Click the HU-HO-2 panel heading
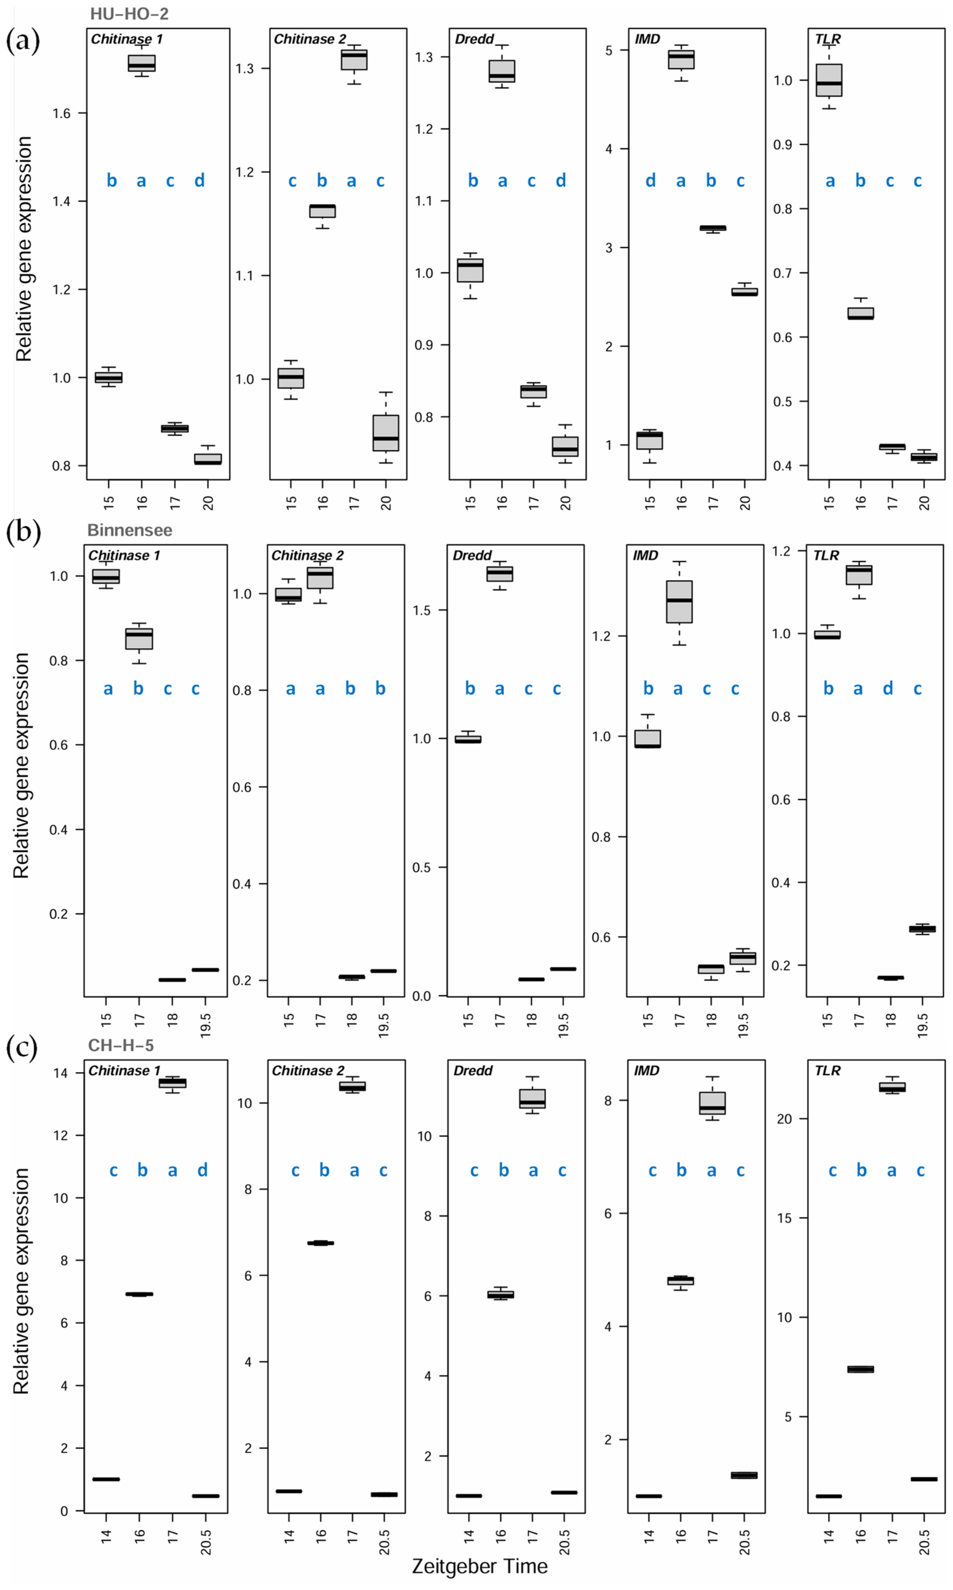pyautogui.click(x=129, y=14)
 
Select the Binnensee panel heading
pyautogui.click(x=130, y=530)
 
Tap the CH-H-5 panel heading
pyautogui.click(x=121, y=1046)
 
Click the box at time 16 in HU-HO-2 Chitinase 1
pyautogui.click(x=141, y=63)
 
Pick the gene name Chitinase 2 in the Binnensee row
pyautogui.click(x=308, y=555)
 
